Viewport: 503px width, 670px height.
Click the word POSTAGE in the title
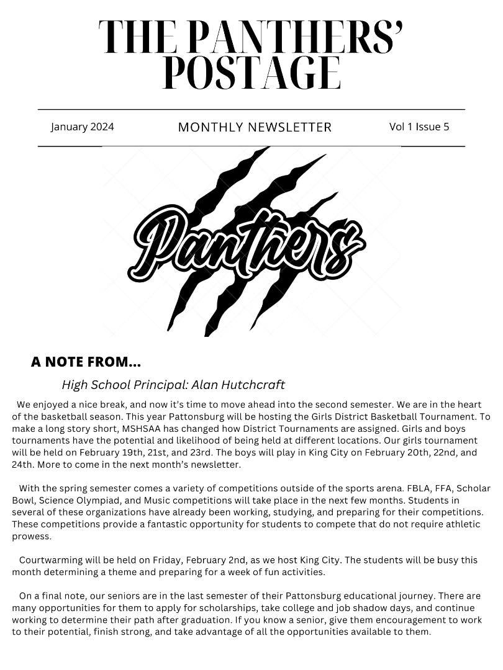pyautogui.click(x=251, y=73)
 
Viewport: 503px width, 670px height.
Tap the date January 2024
pyautogui.click(x=83, y=127)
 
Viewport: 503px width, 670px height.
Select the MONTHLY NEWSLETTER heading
pyautogui.click(x=255, y=127)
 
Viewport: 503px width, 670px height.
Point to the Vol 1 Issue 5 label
pyautogui.click(x=419, y=127)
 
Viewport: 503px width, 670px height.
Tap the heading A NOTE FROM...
pyautogui.click(x=86, y=362)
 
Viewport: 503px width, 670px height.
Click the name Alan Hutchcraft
pyautogui.click(x=238, y=385)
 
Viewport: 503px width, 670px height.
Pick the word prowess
pyautogui.click(x=31, y=536)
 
